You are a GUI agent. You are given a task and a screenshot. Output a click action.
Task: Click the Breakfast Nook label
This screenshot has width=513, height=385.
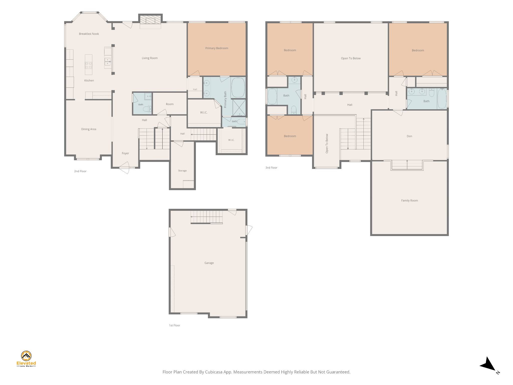(x=89, y=34)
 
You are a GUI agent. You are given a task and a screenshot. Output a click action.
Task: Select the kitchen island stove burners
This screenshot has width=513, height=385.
(x=88, y=65)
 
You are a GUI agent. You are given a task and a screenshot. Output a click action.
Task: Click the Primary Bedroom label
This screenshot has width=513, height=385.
(x=217, y=48)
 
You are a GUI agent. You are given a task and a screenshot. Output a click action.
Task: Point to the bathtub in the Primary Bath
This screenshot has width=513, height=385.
(x=238, y=87)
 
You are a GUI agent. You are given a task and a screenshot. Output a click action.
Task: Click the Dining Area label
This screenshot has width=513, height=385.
(x=89, y=129)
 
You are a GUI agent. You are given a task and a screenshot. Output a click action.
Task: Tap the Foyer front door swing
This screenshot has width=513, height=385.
(x=124, y=168)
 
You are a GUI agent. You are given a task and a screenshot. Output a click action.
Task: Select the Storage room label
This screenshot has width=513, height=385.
(x=182, y=171)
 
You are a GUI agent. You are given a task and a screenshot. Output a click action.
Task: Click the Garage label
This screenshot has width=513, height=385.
(x=209, y=263)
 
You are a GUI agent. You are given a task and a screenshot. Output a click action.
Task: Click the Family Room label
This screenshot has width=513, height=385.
(x=410, y=201)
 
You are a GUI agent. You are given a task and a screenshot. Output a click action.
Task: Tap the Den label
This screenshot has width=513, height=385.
(x=410, y=136)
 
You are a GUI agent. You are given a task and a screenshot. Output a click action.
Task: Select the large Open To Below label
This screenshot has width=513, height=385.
(x=351, y=58)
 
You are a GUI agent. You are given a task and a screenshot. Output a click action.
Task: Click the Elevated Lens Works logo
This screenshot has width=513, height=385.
(x=26, y=359)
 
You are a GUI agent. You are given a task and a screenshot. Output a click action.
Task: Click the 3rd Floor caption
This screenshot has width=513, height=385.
(x=271, y=168)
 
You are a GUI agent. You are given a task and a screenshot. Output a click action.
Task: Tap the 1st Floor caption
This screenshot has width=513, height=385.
(x=174, y=325)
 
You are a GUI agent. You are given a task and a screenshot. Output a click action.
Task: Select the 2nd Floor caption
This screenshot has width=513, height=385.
(x=80, y=171)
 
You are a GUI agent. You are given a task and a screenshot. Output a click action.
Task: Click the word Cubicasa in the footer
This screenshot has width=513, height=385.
(x=214, y=372)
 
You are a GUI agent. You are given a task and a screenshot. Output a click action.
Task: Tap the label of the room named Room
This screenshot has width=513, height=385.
(x=170, y=104)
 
